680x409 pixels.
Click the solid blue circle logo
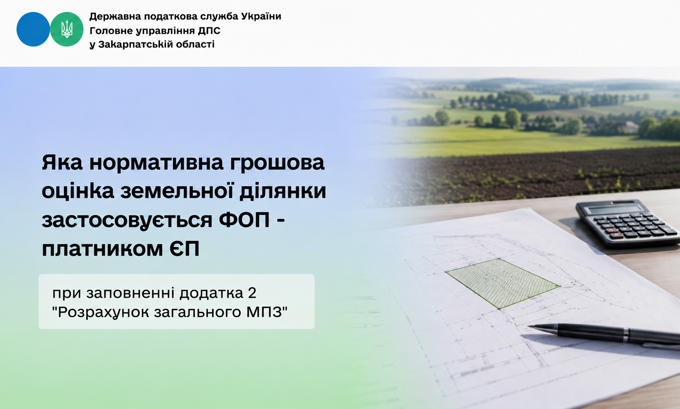[33, 29]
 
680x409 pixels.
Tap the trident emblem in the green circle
[67, 29]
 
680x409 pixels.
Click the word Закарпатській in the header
[135, 45]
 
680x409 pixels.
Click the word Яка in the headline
[62, 162]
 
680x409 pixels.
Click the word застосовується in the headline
[127, 221]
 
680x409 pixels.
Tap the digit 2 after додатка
[252, 293]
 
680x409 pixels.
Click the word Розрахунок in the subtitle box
[103, 313]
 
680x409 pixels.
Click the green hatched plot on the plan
[503, 283]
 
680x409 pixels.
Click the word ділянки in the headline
[283, 191]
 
